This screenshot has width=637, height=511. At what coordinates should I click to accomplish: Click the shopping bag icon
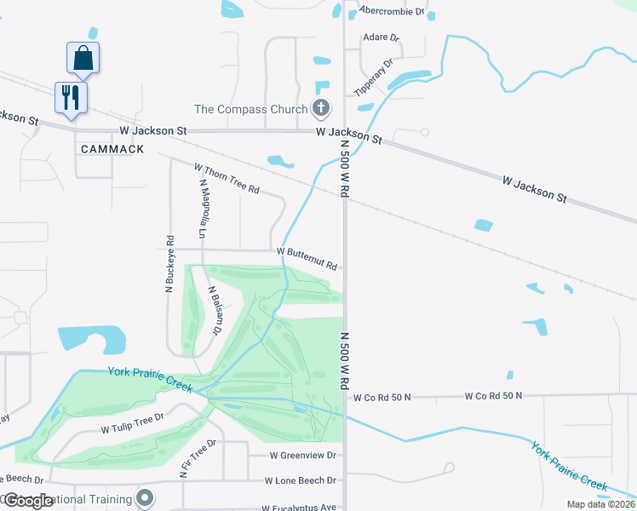(83, 58)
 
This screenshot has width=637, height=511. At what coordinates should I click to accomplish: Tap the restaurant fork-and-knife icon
(70, 96)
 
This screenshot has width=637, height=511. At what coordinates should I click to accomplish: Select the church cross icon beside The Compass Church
(320, 108)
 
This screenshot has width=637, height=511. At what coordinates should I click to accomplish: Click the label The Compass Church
(250, 109)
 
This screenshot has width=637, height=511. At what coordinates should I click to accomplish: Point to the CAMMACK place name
(112, 149)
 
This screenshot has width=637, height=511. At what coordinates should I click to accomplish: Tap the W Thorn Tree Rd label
(227, 179)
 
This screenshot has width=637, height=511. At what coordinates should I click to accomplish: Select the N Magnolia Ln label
(203, 208)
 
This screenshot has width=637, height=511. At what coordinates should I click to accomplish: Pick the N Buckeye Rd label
(169, 264)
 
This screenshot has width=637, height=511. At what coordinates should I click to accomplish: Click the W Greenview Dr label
(304, 456)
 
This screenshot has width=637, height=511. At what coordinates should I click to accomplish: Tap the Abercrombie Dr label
(392, 11)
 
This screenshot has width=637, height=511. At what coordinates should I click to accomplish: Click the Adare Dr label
(381, 38)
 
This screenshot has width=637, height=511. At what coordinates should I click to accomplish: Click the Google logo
(27, 501)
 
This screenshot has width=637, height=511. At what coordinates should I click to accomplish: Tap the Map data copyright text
(601, 504)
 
